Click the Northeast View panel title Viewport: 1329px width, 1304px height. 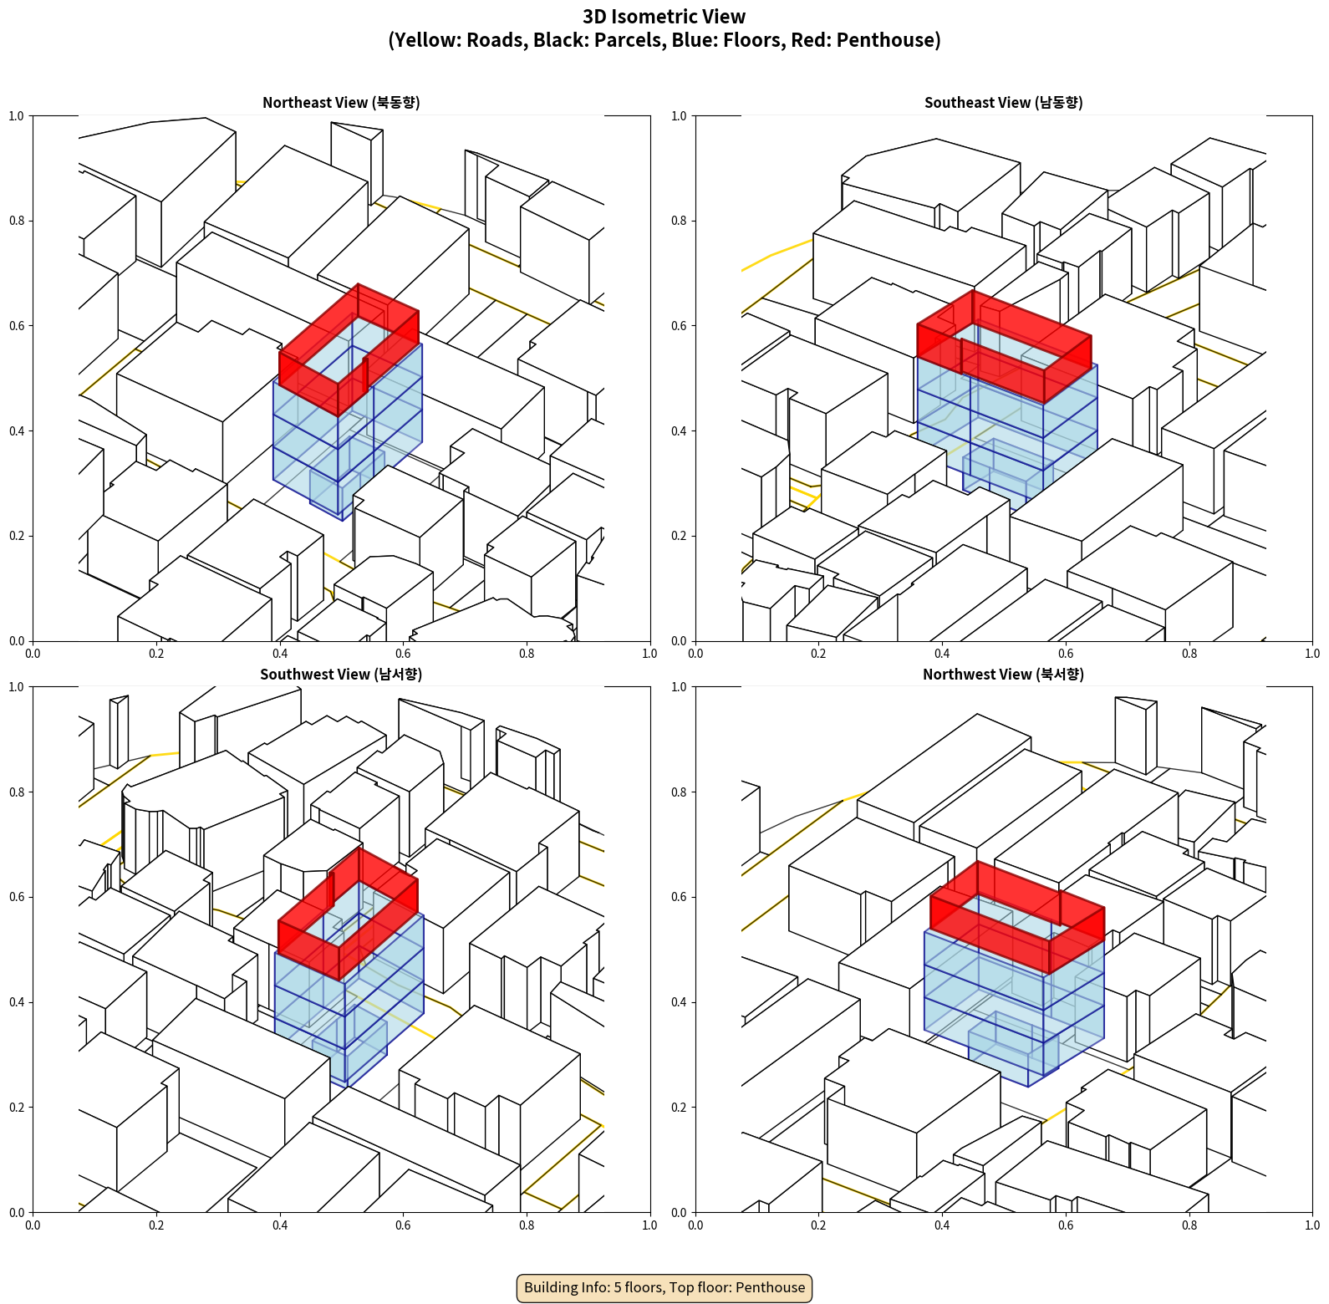click(341, 103)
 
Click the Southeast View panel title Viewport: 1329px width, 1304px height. click(1003, 103)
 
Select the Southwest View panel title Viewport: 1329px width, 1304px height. click(341, 675)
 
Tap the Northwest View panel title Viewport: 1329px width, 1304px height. click(1003, 675)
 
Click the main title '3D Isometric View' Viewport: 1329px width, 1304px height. click(664, 17)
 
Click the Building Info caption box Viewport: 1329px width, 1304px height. click(664, 1287)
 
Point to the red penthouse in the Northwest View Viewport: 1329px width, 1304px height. click(1017, 917)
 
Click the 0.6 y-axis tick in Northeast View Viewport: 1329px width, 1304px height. click(17, 326)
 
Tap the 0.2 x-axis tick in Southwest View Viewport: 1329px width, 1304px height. click(156, 1225)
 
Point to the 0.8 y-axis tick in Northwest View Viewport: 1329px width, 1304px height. click(680, 792)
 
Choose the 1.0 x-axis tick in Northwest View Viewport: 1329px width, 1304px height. click(1312, 1225)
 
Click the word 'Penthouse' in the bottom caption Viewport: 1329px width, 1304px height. click(771, 1287)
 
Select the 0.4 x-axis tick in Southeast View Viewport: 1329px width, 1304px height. click(942, 654)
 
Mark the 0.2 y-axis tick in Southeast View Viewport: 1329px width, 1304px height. click(680, 536)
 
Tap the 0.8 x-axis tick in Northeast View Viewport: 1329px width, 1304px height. click(527, 654)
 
